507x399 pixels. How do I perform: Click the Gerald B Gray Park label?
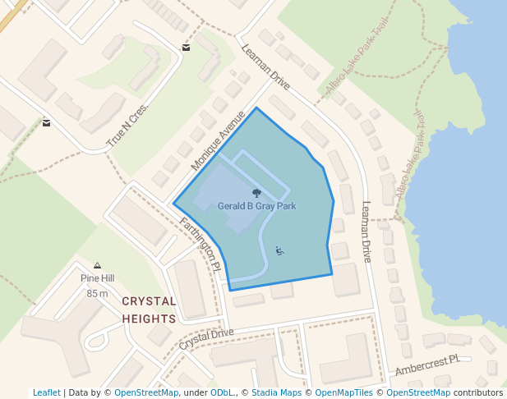(x=256, y=207)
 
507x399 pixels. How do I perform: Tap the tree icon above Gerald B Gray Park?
(x=257, y=193)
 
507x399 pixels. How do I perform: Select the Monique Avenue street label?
(x=218, y=140)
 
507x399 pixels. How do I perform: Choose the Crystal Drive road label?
(x=206, y=338)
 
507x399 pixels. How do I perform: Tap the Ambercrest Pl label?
(x=427, y=365)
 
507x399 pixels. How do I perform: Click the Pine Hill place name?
(x=97, y=278)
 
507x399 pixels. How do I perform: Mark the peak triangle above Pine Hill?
(x=98, y=265)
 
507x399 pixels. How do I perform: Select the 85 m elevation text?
(x=97, y=293)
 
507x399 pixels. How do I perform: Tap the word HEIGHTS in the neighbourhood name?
(x=149, y=319)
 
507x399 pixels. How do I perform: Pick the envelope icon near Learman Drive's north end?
(x=187, y=48)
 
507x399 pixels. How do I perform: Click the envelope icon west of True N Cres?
(x=46, y=123)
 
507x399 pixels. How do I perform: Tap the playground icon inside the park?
(x=280, y=250)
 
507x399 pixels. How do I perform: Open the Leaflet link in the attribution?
(x=46, y=392)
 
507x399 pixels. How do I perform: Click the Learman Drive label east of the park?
(x=366, y=232)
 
